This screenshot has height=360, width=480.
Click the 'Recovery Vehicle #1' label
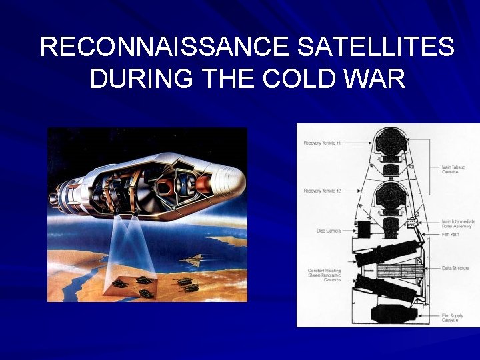[322, 143]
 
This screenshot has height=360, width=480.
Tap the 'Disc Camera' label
[328, 231]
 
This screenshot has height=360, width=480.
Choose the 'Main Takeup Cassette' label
[453, 169]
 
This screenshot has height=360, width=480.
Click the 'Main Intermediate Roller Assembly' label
[457, 224]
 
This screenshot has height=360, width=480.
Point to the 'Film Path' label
[450, 234]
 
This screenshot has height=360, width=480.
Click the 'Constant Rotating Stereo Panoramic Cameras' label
[324, 275]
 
